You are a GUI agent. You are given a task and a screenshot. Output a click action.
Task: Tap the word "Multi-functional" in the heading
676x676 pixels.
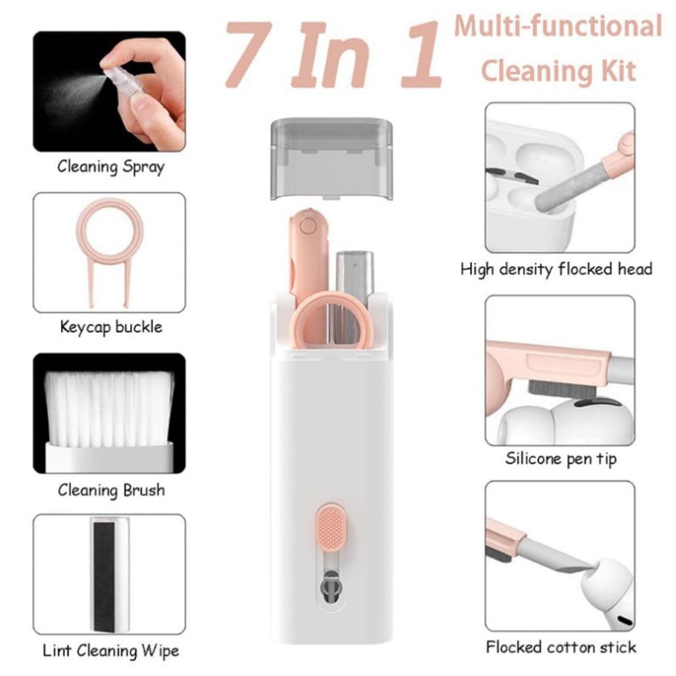point(558,27)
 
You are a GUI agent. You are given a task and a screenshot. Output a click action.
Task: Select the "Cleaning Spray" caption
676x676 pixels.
point(110,166)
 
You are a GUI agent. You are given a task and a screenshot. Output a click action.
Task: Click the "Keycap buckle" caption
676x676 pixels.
point(111,327)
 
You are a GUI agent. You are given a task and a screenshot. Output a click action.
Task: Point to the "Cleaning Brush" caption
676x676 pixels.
point(111,490)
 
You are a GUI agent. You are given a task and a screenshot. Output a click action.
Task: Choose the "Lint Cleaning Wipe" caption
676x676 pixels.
point(110,650)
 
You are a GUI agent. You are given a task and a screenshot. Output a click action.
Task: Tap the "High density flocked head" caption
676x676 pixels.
point(556,269)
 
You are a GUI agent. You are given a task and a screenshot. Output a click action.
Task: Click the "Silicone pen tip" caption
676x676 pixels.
point(560,458)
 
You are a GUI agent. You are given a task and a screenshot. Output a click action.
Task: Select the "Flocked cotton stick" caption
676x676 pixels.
point(560,646)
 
